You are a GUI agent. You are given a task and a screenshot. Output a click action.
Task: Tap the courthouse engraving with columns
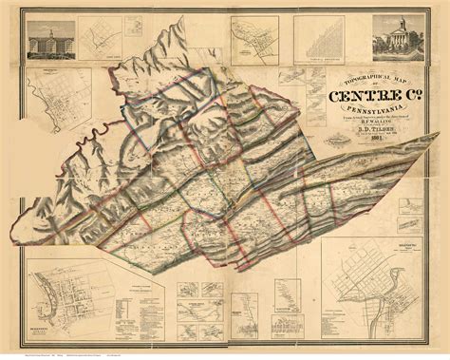400,38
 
